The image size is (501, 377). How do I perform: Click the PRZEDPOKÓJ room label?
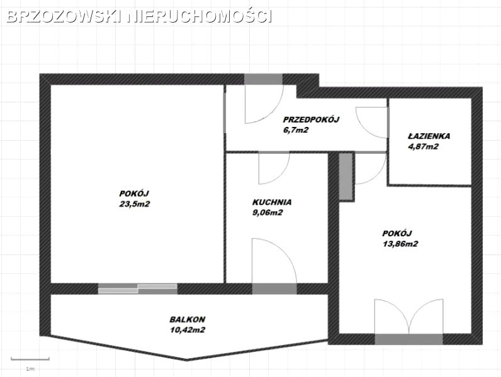[x=311, y=119]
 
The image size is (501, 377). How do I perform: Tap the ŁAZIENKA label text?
[x=429, y=136]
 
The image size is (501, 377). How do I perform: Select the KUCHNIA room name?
[x=272, y=202]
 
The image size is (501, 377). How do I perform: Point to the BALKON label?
[x=188, y=319]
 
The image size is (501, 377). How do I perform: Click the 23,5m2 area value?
[x=135, y=204]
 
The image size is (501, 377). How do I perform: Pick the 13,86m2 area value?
[x=400, y=244]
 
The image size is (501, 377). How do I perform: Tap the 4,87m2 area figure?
[x=424, y=147]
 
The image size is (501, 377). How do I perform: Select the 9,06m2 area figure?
[x=267, y=213]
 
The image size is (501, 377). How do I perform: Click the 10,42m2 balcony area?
[x=188, y=330]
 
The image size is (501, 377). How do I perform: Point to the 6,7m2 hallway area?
[x=296, y=130]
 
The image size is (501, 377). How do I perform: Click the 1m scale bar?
[x=30, y=359]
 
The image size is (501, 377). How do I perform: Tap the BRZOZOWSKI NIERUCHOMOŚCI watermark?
[x=139, y=16]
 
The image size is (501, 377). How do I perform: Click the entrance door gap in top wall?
[x=264, y=79]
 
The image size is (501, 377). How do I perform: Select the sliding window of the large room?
[x=137, y=288]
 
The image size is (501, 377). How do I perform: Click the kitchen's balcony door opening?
[x=274, y=288]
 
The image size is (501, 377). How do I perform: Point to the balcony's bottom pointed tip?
[x=187, y=361]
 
